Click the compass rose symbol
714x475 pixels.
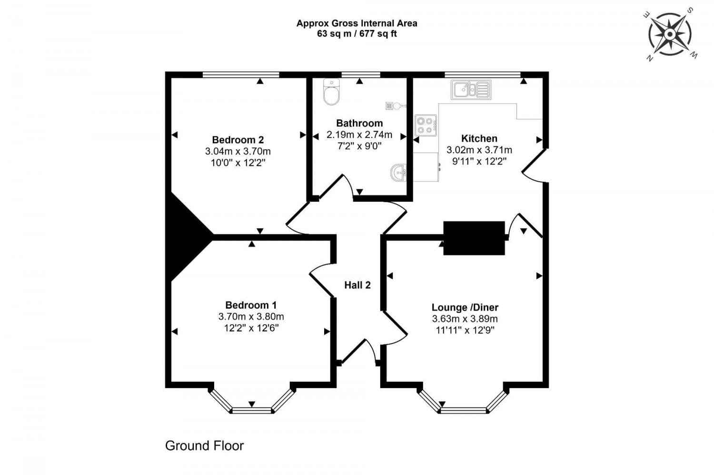(x=670, y=34)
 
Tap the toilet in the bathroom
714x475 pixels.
(x=331, y=92)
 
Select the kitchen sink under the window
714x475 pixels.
(x=471, y=89)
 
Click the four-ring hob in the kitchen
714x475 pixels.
(x=425, y=125)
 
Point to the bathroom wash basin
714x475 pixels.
(x=399, y=173)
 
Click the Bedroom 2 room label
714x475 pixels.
(x=238, y=140)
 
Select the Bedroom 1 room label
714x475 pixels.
(x=251, y=305)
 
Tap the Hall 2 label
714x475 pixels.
(x=357, y=285)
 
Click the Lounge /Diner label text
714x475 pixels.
(x=465, y=308)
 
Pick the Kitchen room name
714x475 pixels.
(x=479, y=138)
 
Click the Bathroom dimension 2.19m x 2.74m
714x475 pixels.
(x=359, y=135)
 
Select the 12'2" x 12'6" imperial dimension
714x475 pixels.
(x=251, y=328)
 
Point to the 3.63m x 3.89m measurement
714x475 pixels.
(x=465, y=319)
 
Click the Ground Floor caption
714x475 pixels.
(x=204, y=446)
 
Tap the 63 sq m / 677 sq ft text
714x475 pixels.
(x=357, y=34)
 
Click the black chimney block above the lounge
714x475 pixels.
(x=474, y=238)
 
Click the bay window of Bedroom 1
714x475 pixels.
(x=251, y=402)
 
